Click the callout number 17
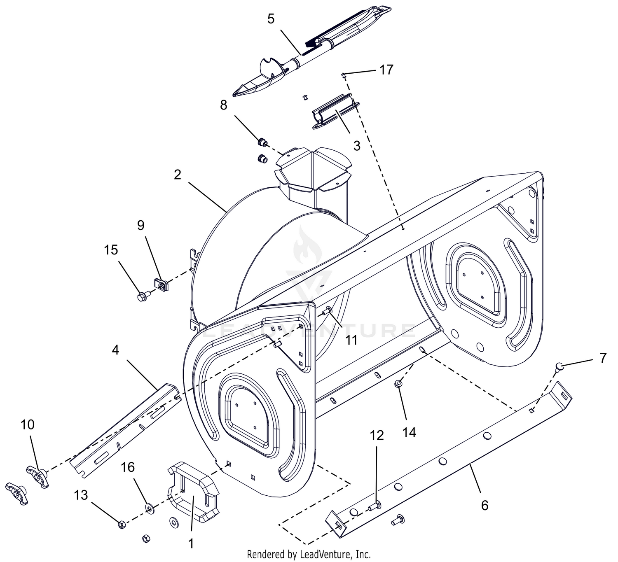tap(386, 70)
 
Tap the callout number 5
tap(271, 19)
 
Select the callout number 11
tap(351, 340)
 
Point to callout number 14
tap(410, 432)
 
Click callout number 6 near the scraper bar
tap(485, 505)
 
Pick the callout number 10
tap(28, 424)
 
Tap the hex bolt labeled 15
tap(142, 297)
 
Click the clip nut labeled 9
tap(161, 284)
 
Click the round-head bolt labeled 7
tap(559, 366)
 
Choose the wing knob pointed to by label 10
tap(37, 477)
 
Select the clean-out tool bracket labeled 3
tap(335, 112)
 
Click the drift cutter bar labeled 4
tap(125, 431)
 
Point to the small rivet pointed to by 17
tap(344, 74)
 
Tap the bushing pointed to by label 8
tap(262, 142)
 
